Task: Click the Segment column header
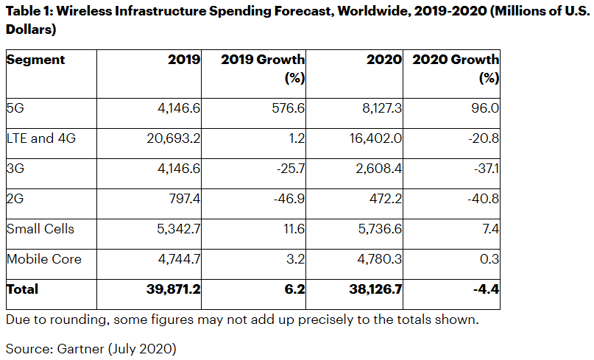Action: tap(35, 60)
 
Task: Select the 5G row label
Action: tap(15, 107)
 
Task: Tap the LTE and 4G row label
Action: tap(41, 138)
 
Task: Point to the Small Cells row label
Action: tap(40, 229)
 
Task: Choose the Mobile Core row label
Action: tap(43, 259)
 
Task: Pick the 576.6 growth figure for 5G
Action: tap(288, 107)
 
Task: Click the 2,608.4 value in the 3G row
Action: tap(378, 168)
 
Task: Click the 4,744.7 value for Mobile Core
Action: tap(177, 259)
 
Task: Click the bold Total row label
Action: tap(22, 289)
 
